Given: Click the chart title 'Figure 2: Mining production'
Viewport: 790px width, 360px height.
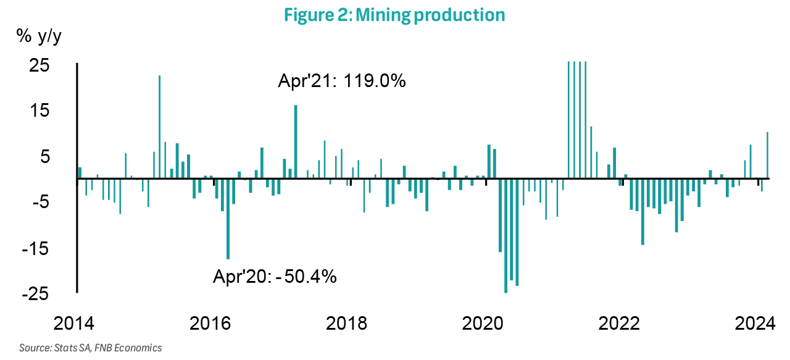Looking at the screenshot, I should coord(394,15).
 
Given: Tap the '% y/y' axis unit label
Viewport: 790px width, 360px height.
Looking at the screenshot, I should coord(39,37).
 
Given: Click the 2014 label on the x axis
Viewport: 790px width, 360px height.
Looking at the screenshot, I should coord(77,324).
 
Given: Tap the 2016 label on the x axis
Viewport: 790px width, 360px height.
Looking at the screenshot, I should coord(214,324).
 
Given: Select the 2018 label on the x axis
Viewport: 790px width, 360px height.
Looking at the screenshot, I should coord(350,324).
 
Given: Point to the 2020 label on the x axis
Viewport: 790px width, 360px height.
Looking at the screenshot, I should coord(486,324).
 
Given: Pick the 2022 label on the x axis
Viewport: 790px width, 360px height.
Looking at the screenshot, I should coord(623,324).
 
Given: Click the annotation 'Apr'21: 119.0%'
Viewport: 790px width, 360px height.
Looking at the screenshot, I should coord(341,82).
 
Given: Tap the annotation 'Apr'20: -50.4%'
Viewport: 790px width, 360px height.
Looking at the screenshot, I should coord(275,277).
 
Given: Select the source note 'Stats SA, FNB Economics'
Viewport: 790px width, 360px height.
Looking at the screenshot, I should coord(91,348).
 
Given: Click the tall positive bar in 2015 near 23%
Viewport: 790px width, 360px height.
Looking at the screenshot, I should coord(160,127).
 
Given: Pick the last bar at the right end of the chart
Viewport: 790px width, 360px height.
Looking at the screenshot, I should coord(767,155).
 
